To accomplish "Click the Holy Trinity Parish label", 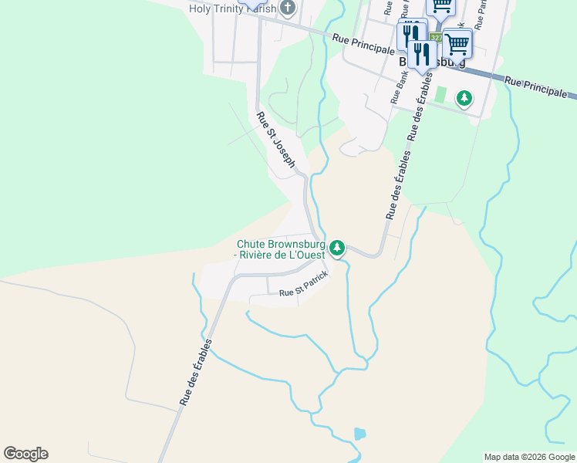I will coord(232,9).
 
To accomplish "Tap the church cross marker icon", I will coord(288,9).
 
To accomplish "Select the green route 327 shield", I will coord(437,38).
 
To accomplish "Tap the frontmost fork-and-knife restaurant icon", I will coord(421,53).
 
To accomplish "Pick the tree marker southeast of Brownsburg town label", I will coord(464,98).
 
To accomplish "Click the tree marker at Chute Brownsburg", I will coord(336,248).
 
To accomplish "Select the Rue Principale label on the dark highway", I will coord(540,86).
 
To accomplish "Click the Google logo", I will coord(25,454).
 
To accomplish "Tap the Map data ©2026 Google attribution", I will coord(529,457).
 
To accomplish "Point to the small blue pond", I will coord(359,434).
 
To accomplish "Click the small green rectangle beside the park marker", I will coord(440,95).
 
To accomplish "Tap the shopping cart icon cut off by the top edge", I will coord(441,5).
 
